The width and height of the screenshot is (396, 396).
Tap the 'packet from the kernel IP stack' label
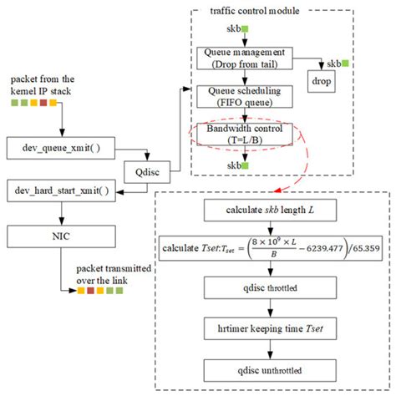[x=42, y=84]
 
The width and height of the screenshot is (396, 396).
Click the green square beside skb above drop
[x=344, y=63]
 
